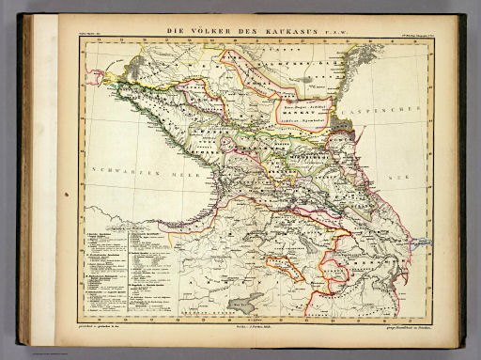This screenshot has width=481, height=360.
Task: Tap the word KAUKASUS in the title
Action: pyautogui.click(x=266, y=30)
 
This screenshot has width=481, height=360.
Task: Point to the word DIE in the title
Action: pyautogui.click(x=175, y=30)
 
